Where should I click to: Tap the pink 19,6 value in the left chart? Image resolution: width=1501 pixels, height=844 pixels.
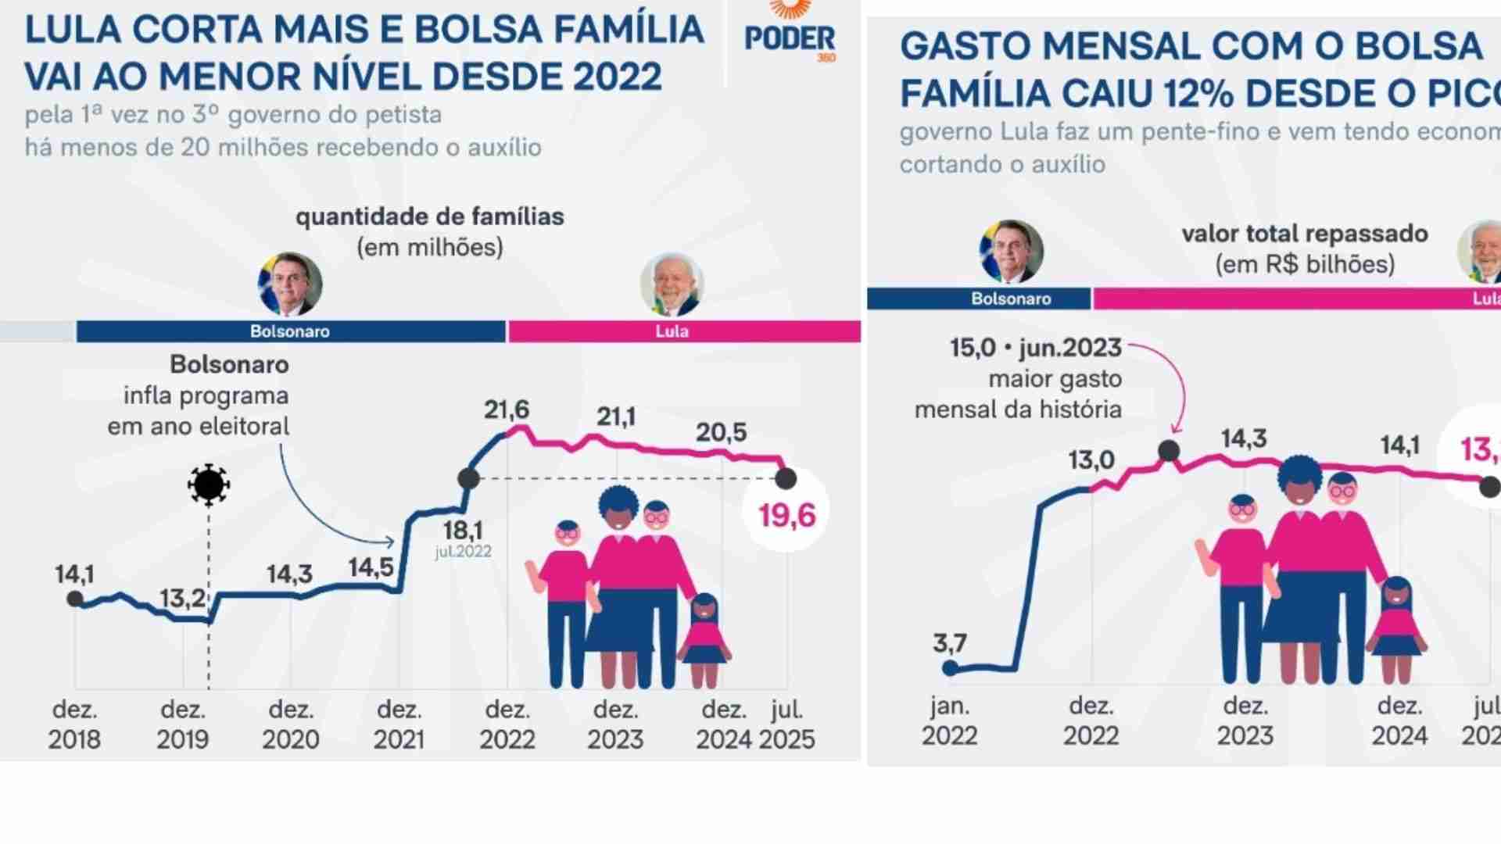pos(786,515)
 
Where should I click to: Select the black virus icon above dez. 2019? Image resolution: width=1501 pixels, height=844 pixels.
pos(208,485)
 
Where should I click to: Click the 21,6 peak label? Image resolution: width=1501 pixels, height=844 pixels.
pos(507,409)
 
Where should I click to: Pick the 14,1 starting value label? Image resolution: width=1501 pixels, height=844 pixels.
pos(74,574)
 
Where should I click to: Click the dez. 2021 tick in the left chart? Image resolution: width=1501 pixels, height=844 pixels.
pos(399,724)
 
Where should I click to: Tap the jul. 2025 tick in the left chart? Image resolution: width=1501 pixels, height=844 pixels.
pos(786,724)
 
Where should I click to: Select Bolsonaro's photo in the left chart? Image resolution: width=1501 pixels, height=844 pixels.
pos(290,284)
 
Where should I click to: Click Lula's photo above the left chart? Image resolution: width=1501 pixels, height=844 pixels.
pos(672,284)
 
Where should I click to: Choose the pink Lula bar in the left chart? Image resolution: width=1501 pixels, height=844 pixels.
pos(684,331)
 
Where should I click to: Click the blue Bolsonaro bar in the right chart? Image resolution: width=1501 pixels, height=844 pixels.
pos(979,299)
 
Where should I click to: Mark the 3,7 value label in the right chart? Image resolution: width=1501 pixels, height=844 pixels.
pos(950,643)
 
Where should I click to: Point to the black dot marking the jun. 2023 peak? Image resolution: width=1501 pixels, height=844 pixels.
pos(1169,451)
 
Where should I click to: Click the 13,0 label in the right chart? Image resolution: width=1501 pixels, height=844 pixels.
pos(1091,460)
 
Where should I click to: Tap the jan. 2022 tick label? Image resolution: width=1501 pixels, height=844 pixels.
pos(950,721)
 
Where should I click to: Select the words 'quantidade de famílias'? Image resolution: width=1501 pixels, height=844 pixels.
pos(430,216)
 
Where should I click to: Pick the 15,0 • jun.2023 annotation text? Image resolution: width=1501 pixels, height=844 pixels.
pos(1036,348)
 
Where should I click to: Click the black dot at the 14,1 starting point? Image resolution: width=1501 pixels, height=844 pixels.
pos(75,599)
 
